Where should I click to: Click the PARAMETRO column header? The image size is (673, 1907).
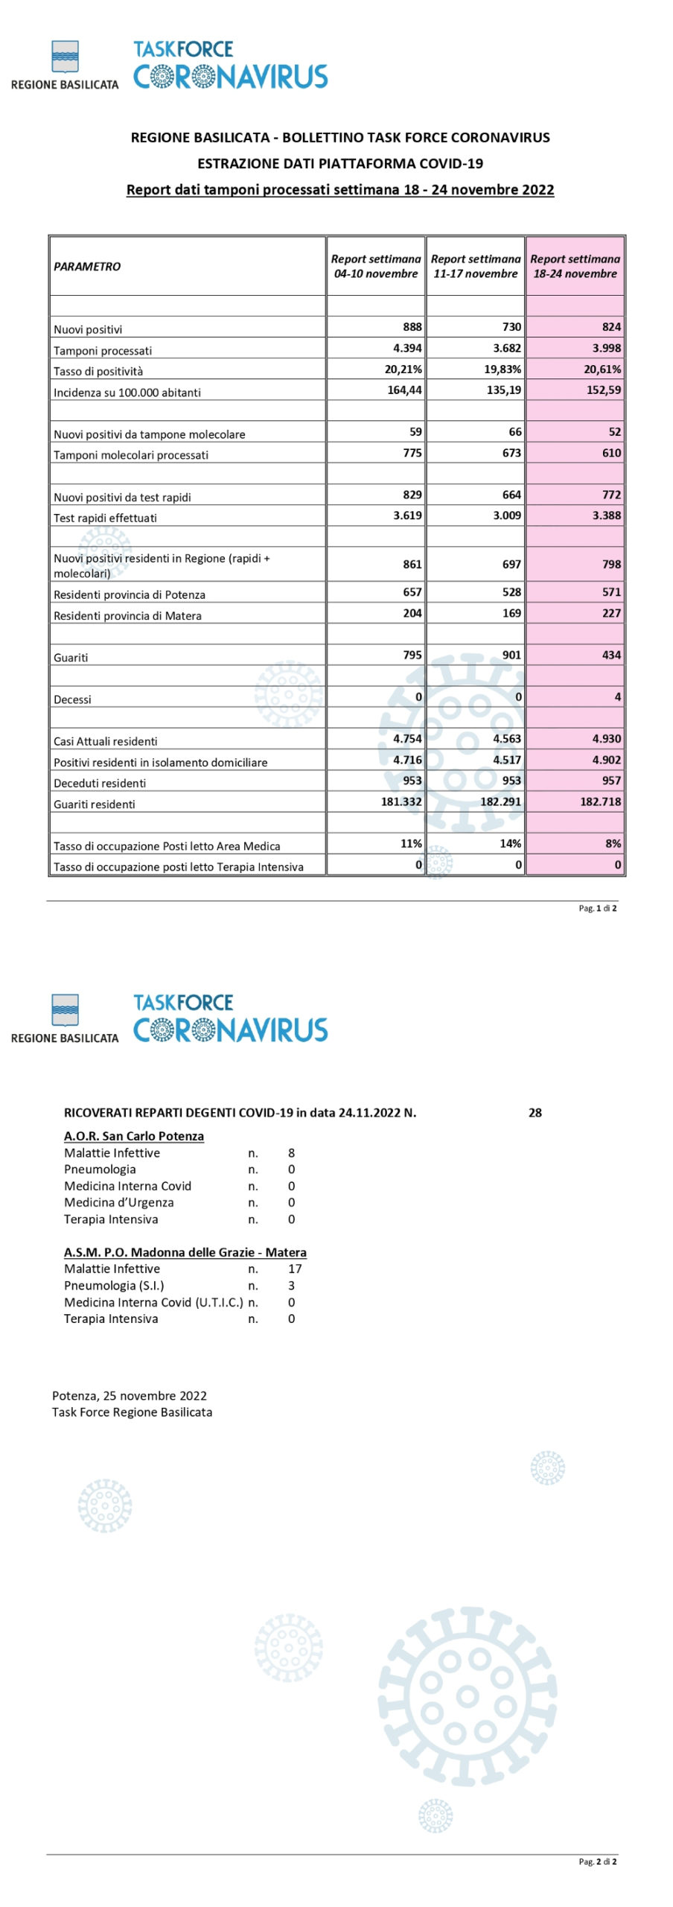click(87, 267)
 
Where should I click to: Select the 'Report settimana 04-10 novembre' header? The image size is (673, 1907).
click(376, 266)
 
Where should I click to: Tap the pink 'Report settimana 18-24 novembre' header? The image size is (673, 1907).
click(575, 266)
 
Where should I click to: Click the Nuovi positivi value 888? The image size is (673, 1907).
click(412, 326)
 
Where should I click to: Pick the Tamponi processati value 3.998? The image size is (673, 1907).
click(606, 348)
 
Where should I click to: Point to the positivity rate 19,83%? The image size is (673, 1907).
click(503, 369)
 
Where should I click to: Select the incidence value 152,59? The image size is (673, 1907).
click(603, 390)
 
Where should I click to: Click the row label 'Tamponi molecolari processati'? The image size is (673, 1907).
click(131, 455)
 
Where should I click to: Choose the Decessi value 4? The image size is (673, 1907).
click(617, 697)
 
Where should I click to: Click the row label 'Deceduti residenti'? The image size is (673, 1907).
click(100, 783)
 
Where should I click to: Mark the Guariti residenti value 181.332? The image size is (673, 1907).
click(401, 802)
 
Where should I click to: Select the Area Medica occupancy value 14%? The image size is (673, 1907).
click(510, 843)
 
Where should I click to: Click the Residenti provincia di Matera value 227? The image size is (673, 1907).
click(611, 613)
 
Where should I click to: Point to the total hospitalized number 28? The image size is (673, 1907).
click(535, 1113)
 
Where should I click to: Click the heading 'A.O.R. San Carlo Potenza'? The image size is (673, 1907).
click(134, 1136)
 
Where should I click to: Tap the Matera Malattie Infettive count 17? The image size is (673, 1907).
click(295, 1269)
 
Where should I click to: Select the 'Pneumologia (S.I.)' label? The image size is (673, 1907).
click(114, 1285)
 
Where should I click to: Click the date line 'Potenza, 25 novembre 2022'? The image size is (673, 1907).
click(130, 1395)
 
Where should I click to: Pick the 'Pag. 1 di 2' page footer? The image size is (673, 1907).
click(597, 908)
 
